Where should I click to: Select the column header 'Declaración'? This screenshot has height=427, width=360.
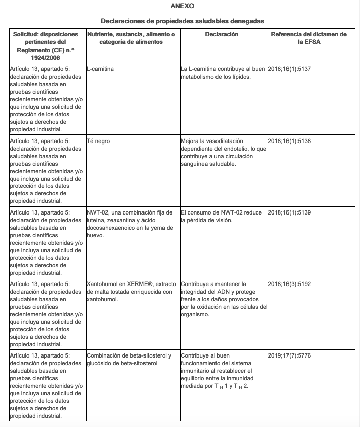(x=222, y=34)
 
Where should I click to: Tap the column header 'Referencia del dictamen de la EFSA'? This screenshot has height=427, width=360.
(x=309, y=38)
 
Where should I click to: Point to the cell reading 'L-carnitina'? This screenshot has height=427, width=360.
(x=100, y=69)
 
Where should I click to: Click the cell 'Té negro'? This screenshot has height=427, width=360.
(x=98, y=141)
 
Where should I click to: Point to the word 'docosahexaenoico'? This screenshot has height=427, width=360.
(x=110, y=228)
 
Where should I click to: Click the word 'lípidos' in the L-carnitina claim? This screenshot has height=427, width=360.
(x=240, y=77)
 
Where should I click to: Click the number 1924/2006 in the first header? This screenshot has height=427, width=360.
(x=46, y=58)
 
